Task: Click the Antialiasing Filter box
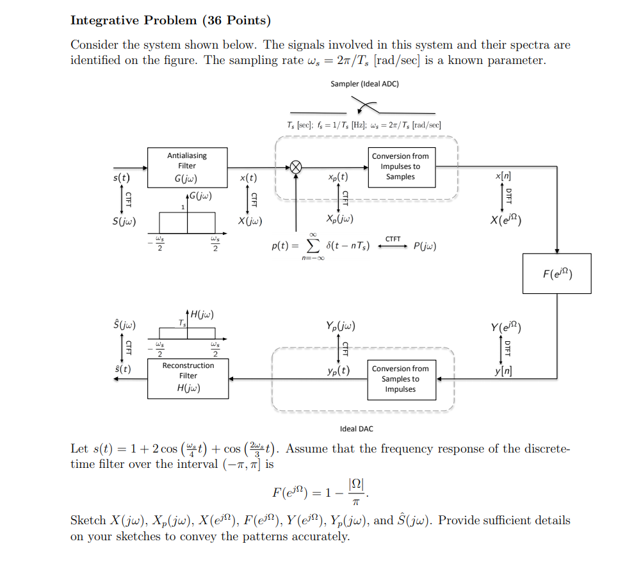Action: point(188,167)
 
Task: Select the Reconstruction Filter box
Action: point(188,378)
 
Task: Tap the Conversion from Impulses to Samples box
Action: point(400,166)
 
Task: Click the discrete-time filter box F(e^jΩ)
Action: point(557,273)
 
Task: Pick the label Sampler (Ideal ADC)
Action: point(364,84)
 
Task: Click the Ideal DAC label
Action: point(356,429)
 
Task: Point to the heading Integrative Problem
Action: point(133,20)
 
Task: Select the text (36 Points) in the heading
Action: point(236,20)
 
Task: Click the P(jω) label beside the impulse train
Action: point(425,246)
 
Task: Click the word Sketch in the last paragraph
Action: point(88,520)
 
